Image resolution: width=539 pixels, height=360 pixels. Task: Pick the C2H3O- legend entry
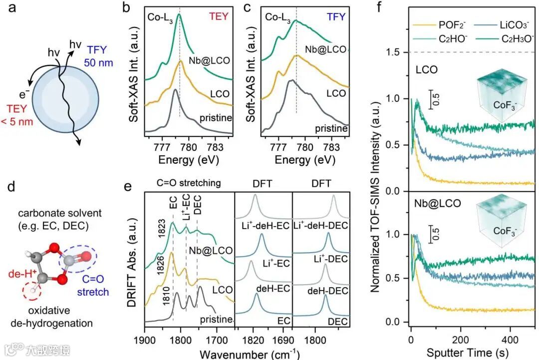point(502,38)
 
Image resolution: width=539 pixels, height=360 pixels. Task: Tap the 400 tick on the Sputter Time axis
point(510,333)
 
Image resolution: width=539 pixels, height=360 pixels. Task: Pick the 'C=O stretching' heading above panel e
point(190,183)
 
